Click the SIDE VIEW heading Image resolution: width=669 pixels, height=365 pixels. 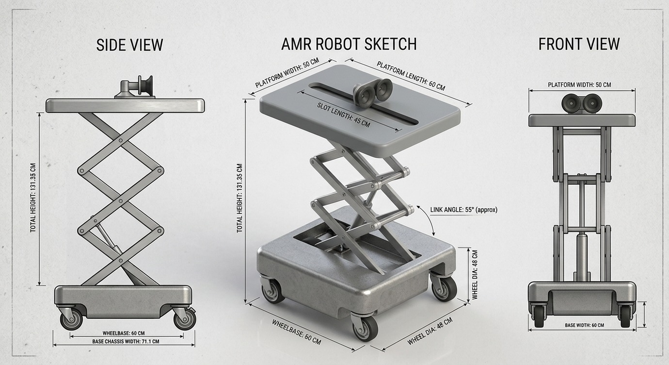click(x=129, y=45)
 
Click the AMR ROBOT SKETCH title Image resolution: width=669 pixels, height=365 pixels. click(x=349, y=44)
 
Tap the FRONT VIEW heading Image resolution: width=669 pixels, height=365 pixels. click(x=579, y=44)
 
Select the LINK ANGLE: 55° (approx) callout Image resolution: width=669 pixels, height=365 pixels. click(x=463, y=210)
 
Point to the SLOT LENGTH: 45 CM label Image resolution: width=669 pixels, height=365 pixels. click(x=344, y=115)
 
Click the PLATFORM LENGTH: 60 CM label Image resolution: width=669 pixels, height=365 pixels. click(x=411, y=75)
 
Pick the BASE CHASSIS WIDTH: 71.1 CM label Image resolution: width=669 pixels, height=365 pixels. click(x=125, y=341)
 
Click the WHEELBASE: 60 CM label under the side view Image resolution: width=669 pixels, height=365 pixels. click(x=124, y=333)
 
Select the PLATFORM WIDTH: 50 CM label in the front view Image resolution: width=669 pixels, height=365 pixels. click(x=579, y=84)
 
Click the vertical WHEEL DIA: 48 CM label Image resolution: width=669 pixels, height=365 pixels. click(x=475, y=274)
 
